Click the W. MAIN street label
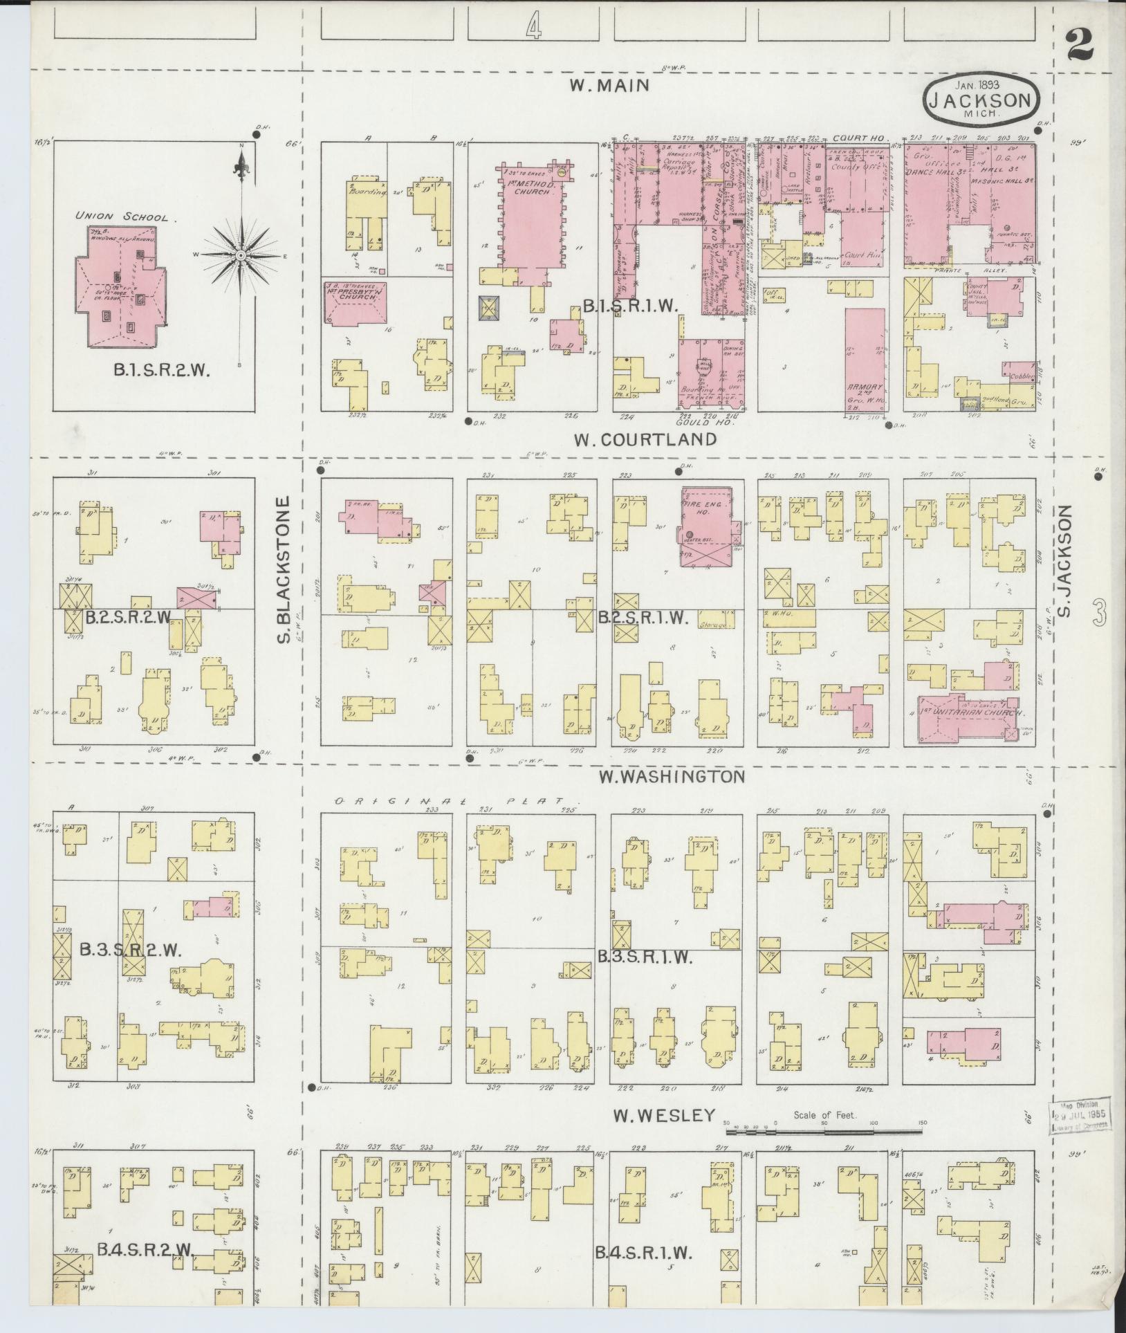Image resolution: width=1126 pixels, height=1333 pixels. (x=609, y=85)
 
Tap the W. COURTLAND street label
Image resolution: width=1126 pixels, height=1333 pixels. (x=645, y=439)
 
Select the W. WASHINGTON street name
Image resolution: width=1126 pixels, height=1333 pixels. (x=672, y=777)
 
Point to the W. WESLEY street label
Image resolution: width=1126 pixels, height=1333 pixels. (x=663, y=1115)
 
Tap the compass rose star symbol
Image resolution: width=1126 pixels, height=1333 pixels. (x=240, y=256)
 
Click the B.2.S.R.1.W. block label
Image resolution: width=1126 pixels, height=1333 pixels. (x=643, y=619)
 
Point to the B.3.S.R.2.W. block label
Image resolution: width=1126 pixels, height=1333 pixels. (x=130, y=950)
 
